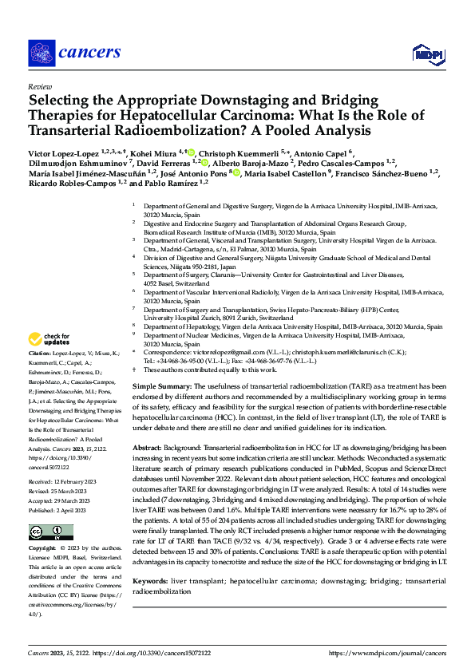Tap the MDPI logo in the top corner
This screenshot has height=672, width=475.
point(428,53)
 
